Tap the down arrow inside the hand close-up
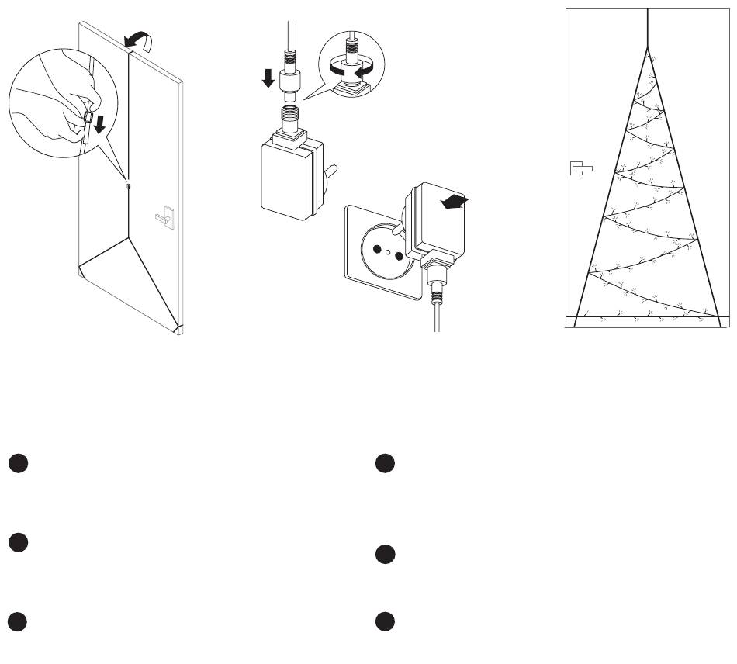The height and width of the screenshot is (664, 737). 99,123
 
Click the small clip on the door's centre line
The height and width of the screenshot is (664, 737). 128,186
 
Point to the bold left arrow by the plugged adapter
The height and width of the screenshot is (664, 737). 454,202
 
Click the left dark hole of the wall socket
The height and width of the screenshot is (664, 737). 377,250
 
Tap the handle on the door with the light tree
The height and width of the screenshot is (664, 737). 580,168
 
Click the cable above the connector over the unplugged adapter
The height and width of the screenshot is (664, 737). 289,31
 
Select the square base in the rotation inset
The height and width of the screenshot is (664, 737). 352,88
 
